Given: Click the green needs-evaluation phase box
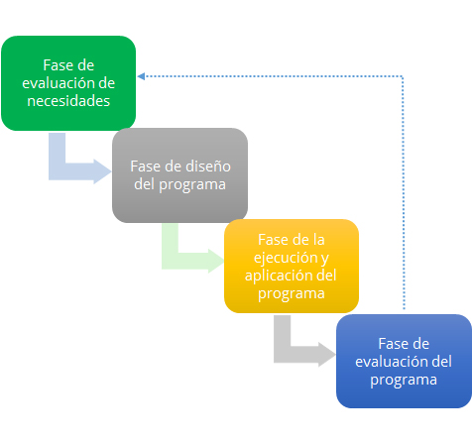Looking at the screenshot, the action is tap(68, 83).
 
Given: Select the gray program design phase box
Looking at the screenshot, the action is tap(179, 175).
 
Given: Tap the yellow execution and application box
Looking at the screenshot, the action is tap(292, 266).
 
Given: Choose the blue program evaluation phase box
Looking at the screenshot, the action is tap(404, 361).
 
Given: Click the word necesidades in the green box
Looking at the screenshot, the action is tap(68, 101).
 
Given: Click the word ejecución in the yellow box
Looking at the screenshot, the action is tap(286, 258).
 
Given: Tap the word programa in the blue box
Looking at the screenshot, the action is tap(404, 381).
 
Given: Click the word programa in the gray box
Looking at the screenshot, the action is tap(192, 185).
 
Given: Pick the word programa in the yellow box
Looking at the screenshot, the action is tap(292, 294).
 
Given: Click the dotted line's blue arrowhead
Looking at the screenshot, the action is tap(141, 76).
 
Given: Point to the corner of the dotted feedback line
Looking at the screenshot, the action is tap(403, 76).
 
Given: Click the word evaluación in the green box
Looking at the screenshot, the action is tap(56, 83).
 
